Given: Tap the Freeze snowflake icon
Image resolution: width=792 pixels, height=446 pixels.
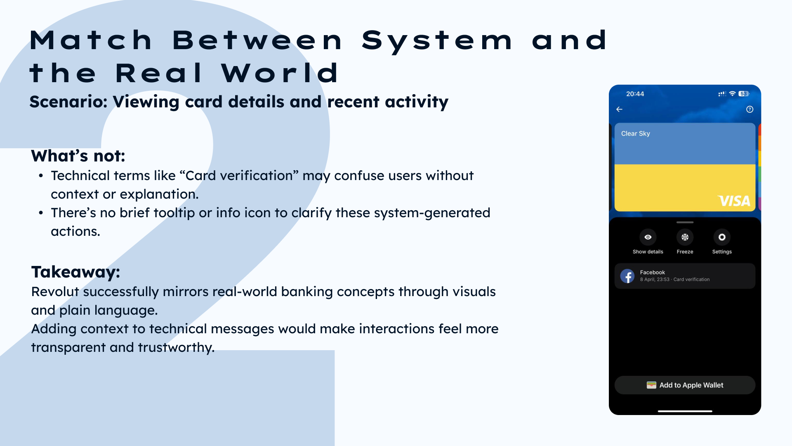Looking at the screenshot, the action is coord(685,237).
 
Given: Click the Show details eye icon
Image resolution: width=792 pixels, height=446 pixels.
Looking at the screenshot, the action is coord(648,237).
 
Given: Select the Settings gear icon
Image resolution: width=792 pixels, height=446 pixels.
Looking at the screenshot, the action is coord(722,237).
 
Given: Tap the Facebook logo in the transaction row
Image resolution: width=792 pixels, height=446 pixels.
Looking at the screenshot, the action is coord(627,276).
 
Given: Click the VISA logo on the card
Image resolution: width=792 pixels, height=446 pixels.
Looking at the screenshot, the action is coord(734,201).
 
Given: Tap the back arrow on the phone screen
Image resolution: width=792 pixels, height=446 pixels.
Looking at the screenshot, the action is coord(619,109).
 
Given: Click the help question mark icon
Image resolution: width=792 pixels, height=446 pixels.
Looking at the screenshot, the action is coord(750,109).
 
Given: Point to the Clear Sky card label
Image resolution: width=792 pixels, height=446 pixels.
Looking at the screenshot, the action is coord(636,134).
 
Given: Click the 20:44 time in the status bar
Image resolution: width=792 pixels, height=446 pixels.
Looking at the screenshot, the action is coord(635,94).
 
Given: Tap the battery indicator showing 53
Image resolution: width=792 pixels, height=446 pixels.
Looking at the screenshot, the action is coord(744,94).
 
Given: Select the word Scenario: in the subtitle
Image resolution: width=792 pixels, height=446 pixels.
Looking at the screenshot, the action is coord(68,102).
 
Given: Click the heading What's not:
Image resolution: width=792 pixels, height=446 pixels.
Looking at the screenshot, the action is coord(78,156).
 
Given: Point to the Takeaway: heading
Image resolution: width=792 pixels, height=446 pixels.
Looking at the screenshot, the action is coord(76,272).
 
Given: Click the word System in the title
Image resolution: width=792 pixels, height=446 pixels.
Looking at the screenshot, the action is coord(437,41).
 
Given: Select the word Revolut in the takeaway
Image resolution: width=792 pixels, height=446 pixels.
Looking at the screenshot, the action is coord(55,292).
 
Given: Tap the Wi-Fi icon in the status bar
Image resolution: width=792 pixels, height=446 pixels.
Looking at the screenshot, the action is coord(733,94).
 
